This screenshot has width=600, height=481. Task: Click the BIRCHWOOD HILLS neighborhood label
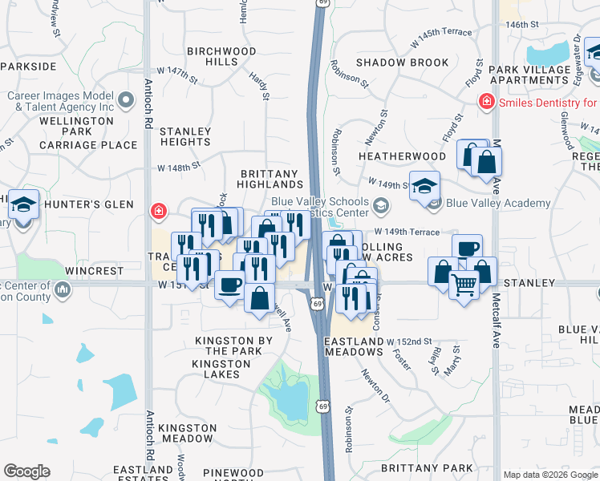point(221,56)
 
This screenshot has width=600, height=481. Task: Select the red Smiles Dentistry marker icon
point(486,102)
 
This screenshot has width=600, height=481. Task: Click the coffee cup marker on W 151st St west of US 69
point(229,284)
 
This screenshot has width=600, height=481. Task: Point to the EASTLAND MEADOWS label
point(354,347)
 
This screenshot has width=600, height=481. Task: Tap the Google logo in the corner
point(26,471)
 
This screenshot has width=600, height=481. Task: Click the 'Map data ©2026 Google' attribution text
point(549,475)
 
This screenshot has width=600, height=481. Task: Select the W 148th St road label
point(178,168)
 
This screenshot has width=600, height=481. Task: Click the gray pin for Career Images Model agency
point(125,100)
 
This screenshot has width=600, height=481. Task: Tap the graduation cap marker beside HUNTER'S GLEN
point(23,205)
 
